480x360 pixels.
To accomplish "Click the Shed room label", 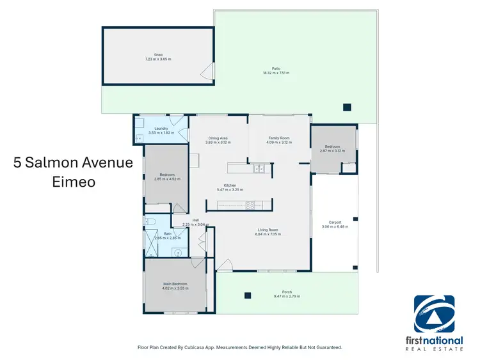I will tap(157, 55).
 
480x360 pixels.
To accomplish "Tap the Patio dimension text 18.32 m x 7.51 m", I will tap(276, 74).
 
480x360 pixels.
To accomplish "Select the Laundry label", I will tap(161, 128).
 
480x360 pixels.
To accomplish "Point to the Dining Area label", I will tap(218, 137).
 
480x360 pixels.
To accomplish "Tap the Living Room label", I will tap(268, 230).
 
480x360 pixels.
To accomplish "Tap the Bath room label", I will tap(167, 233).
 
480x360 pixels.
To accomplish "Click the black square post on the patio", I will tap(347, 107).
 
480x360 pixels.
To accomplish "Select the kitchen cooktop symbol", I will tap(250, 205).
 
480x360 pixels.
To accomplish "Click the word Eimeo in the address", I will tap(74, 182).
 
